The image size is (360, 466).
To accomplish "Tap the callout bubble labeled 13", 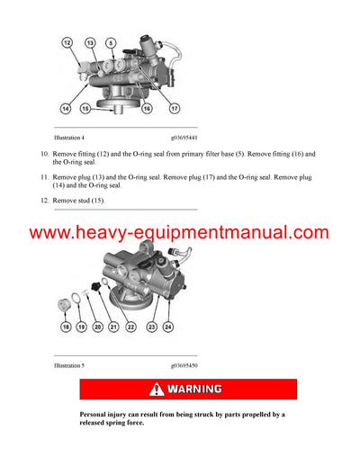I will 91,42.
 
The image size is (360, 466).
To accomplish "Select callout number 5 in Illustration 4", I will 111,42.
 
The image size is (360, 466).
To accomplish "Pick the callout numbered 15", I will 85,108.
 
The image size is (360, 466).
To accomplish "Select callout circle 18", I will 66,327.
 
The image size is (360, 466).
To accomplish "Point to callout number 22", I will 131,327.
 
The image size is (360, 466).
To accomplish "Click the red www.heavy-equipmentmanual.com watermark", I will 180,234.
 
